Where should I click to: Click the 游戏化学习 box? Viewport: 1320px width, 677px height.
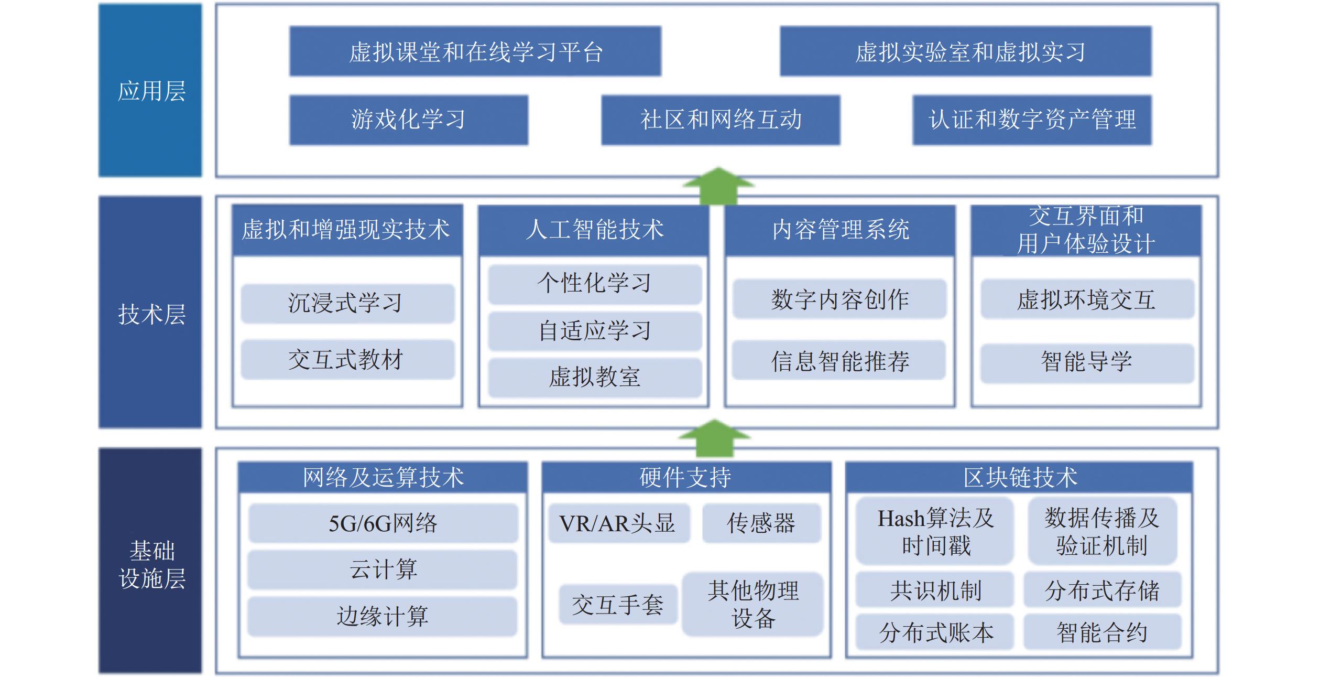[x=409, y=120]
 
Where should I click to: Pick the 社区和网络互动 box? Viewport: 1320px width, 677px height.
[x=721, y=120]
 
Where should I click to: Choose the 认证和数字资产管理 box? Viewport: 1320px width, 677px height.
[x=1032, y=120]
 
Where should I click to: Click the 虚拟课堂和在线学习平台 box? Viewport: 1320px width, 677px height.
[x=475, y=51]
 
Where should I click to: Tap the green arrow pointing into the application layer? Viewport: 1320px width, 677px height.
[x=718, y=186]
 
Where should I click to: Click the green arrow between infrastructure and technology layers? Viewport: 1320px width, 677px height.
[x=714, y=438]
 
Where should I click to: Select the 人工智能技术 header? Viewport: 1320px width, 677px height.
[x=594, y=230]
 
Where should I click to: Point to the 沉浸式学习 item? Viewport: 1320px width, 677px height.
[x=347, y=303]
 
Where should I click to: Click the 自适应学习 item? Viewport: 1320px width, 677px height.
[x=595, y=331]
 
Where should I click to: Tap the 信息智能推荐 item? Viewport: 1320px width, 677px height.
[x=839, y=360]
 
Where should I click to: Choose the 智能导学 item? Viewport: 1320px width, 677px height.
[x=1087, y=362]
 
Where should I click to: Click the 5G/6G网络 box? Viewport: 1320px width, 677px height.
[x=383, y=523]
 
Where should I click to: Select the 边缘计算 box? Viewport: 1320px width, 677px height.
[x=383, y=616]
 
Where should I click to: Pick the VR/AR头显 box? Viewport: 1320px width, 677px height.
[x=618, y=523]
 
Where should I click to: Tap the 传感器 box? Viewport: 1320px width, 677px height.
[x=761, y=523]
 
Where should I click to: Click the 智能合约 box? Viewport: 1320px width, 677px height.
[x=1102, y=632]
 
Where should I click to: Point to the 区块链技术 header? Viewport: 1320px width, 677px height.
[x=1019, y=477]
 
